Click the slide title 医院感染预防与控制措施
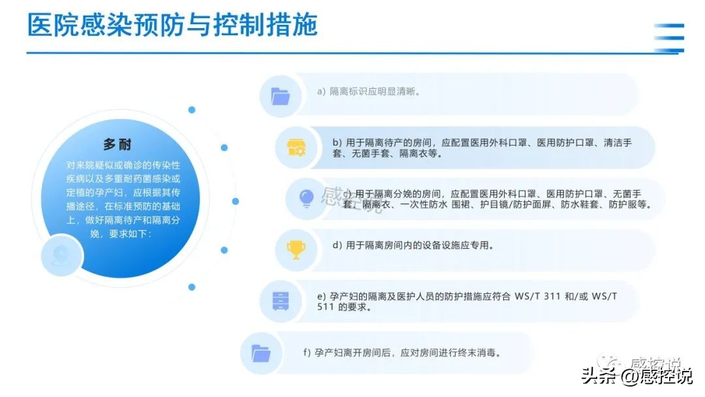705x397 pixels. pos(172,25)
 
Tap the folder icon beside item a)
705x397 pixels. pos(280,96)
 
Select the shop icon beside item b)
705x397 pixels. pos(296,148)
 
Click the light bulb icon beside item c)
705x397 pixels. pos(306,198)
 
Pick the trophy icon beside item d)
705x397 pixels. pos(296,249)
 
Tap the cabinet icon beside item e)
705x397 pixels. pos(280,300)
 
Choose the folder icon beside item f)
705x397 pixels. pos(260,353)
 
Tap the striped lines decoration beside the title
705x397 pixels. pos(669,37)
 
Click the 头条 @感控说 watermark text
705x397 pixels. pos(636,377)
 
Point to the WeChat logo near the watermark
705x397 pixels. pos(614,364)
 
